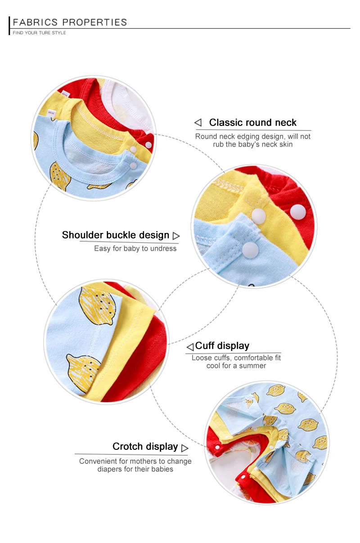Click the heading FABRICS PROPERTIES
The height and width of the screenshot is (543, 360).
(70, 22)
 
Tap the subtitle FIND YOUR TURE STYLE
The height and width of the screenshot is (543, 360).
(39, 33)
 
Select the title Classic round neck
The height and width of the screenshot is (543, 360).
(252, 122)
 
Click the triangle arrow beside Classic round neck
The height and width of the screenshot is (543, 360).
(198, 122)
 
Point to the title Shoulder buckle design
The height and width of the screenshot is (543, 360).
(116, 235)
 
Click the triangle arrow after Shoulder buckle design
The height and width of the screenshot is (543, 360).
(176, 236)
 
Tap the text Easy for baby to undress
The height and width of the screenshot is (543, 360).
(135, 248)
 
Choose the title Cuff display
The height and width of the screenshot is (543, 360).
(222, 346)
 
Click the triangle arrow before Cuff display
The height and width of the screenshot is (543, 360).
(190, 347)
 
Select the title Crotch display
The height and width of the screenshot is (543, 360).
(145, 446)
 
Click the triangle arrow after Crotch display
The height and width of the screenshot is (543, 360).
(184, 448)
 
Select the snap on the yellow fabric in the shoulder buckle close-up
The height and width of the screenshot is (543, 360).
(258, 216)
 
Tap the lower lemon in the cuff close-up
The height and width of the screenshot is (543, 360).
(84, 368)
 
